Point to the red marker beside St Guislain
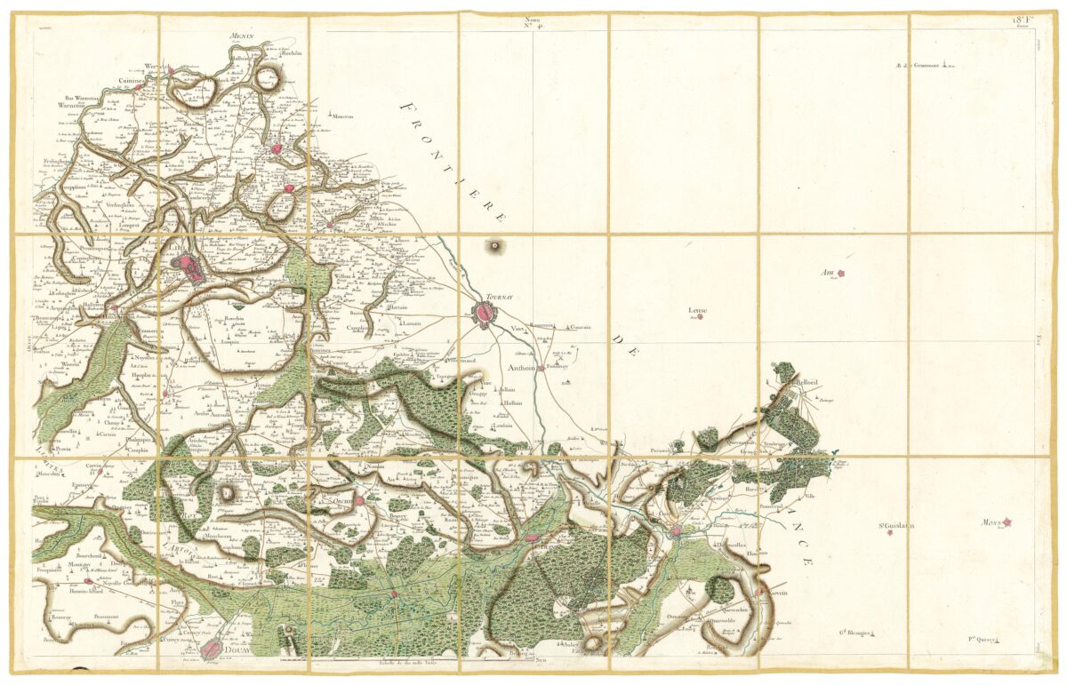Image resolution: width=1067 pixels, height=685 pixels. coord(889,533)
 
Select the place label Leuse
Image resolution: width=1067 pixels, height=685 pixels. coord(698,310)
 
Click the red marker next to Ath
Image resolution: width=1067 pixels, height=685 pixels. coord(840,275)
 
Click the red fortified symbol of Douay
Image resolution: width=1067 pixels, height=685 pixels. coord(212,650)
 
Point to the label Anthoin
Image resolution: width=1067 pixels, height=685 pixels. coord(523,367)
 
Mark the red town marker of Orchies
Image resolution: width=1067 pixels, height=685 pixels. coord(360,501)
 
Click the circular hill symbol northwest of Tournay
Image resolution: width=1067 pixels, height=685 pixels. coord(491,244)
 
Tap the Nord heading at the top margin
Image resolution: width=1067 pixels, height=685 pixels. coord(533,19)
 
